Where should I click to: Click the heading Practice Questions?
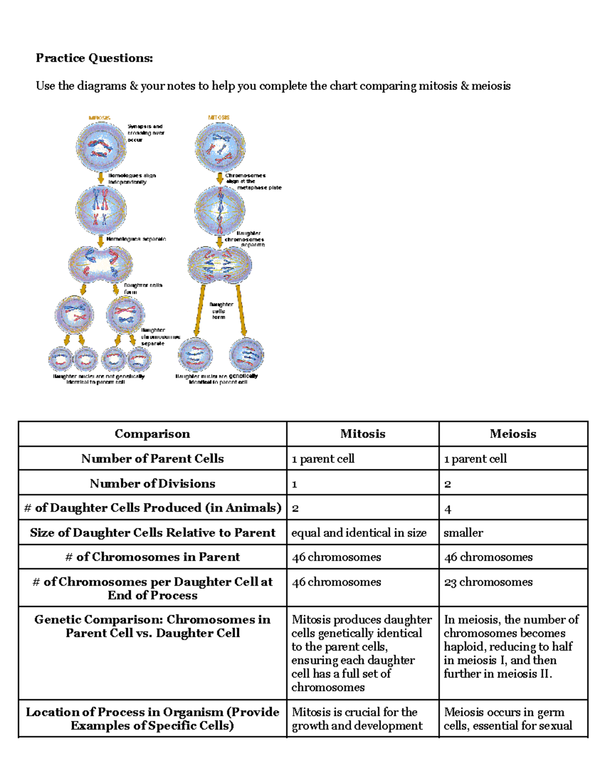[x=94, y=58]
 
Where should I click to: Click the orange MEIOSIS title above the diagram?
[x=99, y=117]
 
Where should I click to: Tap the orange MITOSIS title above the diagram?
[x=219, y=117]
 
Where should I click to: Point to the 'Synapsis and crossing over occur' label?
[x=145, y=133]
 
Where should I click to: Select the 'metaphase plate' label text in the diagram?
[x=259, y=188]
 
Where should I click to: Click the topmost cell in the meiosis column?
[x=101, y=147]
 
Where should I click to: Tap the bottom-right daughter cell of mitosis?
[x=247, y=355]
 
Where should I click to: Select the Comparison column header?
[x=152, y=434]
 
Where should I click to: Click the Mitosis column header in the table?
[x=362, y=434]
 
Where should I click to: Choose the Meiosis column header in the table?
[x=513, y=434]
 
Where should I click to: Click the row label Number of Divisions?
[x=152, y=484]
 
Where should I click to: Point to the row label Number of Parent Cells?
[x=152, y=459]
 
